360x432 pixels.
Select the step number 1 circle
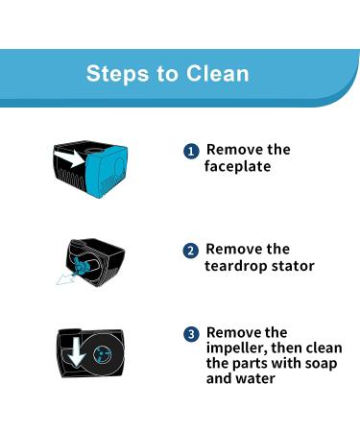tap(191, 152)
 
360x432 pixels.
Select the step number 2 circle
tap(191, 251)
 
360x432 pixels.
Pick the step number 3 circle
tap(191, 334)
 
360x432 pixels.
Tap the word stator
tap(295, 266)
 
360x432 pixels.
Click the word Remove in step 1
tap(233, 151)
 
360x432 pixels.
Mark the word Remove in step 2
tap(233, 250)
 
